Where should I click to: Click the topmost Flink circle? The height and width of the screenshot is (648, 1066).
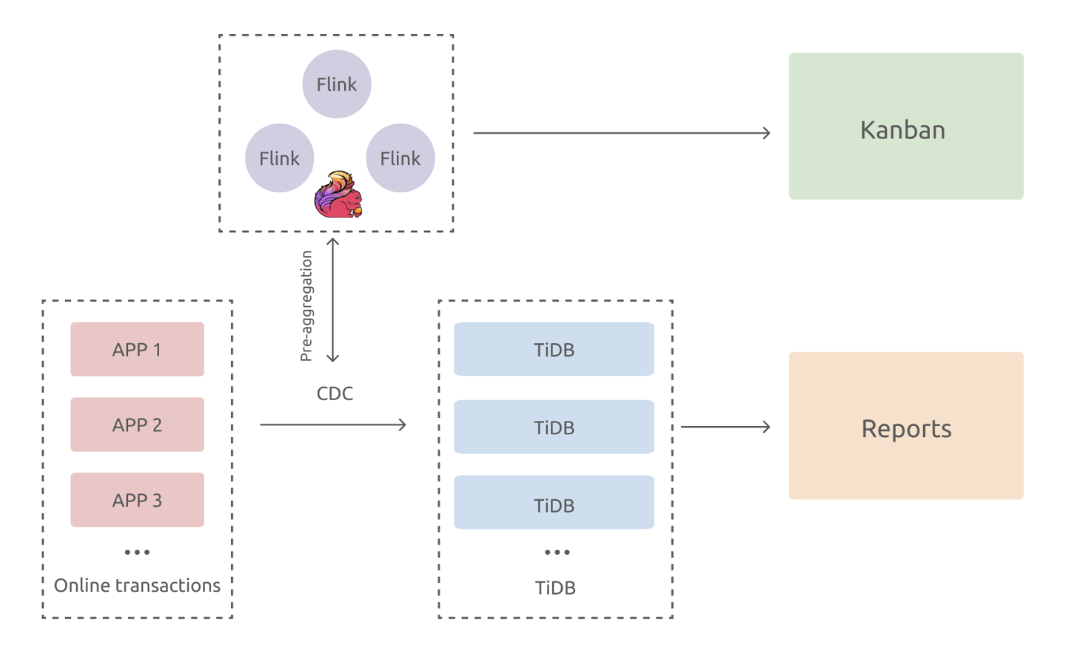[x=337, y=84]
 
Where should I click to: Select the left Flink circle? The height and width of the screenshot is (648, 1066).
[x=280, y=158]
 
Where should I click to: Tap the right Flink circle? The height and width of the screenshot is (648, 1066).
[x=400, y=158]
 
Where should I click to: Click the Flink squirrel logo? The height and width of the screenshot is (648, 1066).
[x=338, y=195]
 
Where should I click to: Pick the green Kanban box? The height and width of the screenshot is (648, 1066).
[x=906, y=126]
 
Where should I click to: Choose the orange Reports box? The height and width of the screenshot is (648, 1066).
[x=906, y=426]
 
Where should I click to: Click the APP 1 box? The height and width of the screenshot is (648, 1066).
[x=137, y=349]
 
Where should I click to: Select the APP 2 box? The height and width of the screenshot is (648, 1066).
[x=137, y=425]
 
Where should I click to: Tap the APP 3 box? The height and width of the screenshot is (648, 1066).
[x=137, y=500]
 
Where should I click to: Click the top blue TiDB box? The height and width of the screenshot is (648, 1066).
[x=554, y=349]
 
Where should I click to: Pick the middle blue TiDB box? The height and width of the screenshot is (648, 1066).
[x=554, y=427]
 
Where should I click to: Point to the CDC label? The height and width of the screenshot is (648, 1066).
[x=335, y=394]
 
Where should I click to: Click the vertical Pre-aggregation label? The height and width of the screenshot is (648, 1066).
[x=306, y=306]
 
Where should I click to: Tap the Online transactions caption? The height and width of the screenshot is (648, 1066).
[x=137, y=585]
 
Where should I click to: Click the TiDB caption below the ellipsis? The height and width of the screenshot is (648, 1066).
[x=555, y=588]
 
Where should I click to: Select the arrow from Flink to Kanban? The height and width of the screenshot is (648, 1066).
[x=622, y=133]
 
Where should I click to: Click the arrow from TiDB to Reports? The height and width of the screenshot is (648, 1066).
[x=725, y=427]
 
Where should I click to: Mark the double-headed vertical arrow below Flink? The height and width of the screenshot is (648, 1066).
[x=333, y=300]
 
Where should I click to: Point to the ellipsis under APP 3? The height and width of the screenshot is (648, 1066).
[x=137, y=553]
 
